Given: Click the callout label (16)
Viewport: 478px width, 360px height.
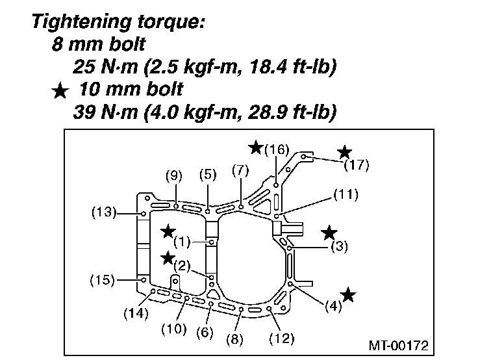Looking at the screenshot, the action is coord(276,149).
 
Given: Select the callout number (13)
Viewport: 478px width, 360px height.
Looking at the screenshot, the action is coord(103,212).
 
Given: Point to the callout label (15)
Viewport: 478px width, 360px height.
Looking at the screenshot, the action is coord(103,280).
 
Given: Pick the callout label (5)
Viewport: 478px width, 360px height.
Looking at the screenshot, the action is coord(207,174).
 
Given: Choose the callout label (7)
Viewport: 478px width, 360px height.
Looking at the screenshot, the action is coord(240,171).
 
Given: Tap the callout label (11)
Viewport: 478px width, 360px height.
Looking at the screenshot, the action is coord(346,194).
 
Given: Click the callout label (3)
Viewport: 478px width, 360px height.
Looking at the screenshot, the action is coord(339,246).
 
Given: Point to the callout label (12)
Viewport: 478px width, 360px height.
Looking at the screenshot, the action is coord(281,338).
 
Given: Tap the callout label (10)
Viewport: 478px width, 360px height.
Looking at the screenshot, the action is coord(174,329).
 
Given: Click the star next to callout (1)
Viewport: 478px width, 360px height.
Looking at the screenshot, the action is coord(168,231).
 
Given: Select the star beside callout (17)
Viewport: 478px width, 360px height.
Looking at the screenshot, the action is coord(344,152).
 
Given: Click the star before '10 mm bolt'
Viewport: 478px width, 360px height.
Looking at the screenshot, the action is coord(60,91).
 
